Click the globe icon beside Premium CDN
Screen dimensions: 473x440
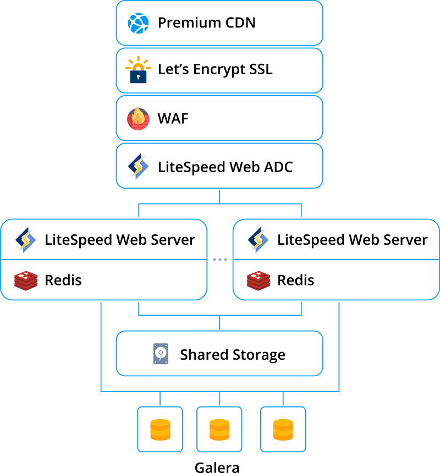139,23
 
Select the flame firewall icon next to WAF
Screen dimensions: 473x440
138,118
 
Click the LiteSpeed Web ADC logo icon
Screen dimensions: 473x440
138,167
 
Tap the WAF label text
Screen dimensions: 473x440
173,119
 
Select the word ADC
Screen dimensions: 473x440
277,167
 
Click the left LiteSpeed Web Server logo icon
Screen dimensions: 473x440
25,240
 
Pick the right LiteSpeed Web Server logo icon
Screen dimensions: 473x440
258,240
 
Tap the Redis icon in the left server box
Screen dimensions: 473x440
25,280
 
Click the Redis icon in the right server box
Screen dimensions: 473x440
258,280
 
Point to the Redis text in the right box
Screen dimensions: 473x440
295,280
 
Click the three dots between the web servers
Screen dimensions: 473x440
220,260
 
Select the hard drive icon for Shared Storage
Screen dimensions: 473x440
161,354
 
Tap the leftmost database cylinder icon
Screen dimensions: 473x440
160,430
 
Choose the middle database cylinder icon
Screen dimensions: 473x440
219,430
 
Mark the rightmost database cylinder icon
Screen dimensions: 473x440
283,430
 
